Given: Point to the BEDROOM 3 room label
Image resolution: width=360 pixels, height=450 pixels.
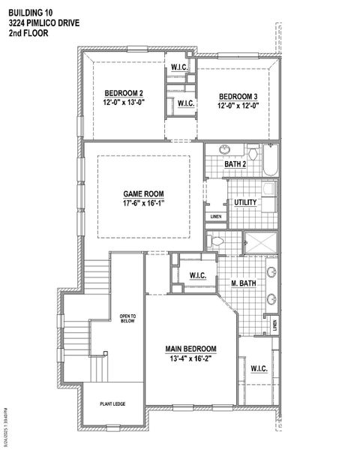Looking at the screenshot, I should click(238, 97).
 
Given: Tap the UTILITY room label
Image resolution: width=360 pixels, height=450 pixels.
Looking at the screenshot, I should click(246, 202).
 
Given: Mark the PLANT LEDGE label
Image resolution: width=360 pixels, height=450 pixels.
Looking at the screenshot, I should click(112, 405).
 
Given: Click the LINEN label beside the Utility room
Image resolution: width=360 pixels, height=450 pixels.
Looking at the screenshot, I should click(216, 217).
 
